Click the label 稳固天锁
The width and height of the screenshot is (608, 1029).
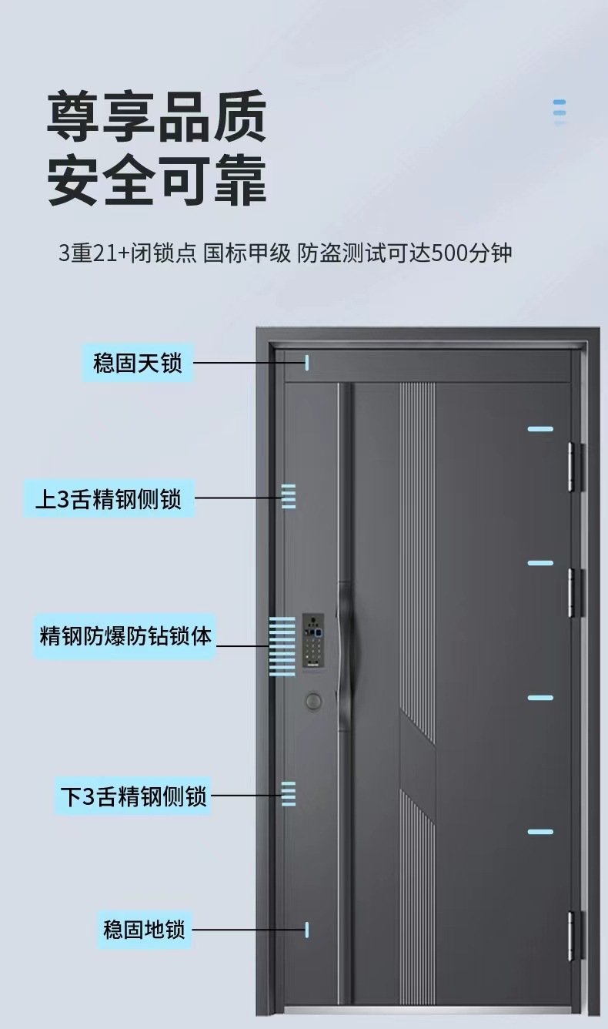click(x=138, y=363)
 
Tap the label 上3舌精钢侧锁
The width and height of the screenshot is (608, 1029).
click(x=109, y=498)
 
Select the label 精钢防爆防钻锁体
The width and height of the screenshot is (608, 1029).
click(x=125, y=636)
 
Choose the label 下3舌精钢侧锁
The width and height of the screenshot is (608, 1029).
click(x=133, y=796)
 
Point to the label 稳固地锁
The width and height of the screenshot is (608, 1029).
click(x=144, y=929)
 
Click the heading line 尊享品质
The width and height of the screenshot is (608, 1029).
click(x=157, y=116)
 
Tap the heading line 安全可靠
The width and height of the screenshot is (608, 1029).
click(x=157, y=181)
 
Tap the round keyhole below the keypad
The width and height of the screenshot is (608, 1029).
click(x=313, y=701)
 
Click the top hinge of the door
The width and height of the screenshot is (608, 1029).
click(x=573, y=466)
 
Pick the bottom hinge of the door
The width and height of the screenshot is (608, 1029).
click(x=573, y=935)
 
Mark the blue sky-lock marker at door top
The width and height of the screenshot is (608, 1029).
click(x=307, y=363)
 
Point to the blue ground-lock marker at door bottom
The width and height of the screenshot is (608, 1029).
click(x=307, y=929)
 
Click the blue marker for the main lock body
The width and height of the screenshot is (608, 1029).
click(x=282, y=646)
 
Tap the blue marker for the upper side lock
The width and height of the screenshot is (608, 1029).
click(x=289, y=497)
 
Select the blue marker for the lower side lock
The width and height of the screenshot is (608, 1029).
click(x=289, y=793)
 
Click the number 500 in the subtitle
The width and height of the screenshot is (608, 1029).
click(x=449, y=253)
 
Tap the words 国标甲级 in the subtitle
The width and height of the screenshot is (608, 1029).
click(x=248, y=253)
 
